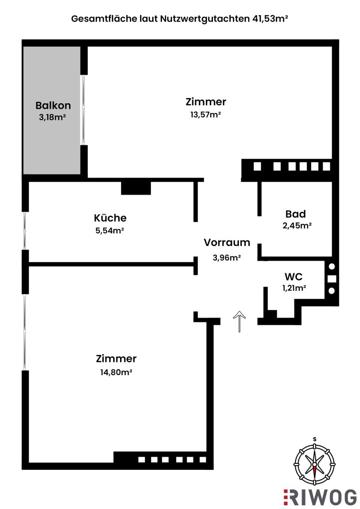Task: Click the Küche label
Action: pos(110,218)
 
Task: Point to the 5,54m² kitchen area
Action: pos(109,230)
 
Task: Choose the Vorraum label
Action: pos(227,243)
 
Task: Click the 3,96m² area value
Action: pos(227,257)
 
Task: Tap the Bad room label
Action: pos(295,213)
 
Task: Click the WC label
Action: pos(294,277)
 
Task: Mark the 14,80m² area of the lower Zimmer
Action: pos(116,372)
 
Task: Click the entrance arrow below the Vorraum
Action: pos(239,321)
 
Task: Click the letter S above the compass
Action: pos(314,439)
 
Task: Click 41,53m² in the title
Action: pos(269,19)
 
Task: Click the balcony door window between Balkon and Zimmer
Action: pos(83,110)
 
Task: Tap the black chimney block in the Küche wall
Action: pos(136,188)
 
